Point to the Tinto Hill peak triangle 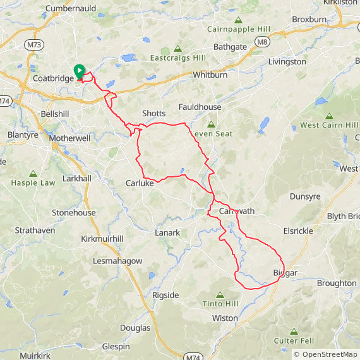tap(220, 294)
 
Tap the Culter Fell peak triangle tap(294, 332)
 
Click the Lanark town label tap(167, 233)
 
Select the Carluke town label tap(140, 184)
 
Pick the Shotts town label tap(153, 114)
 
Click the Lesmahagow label tap(117, 261)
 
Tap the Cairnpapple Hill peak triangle tap(238, 20)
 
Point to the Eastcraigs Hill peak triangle tap(177, 49)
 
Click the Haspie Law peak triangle tap(33, 173)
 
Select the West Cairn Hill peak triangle tap(329, 116)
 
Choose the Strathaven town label tap(35, 231)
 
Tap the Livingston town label tap(287, 63)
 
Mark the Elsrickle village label tap(298, 231)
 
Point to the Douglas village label tap(135, 328)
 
